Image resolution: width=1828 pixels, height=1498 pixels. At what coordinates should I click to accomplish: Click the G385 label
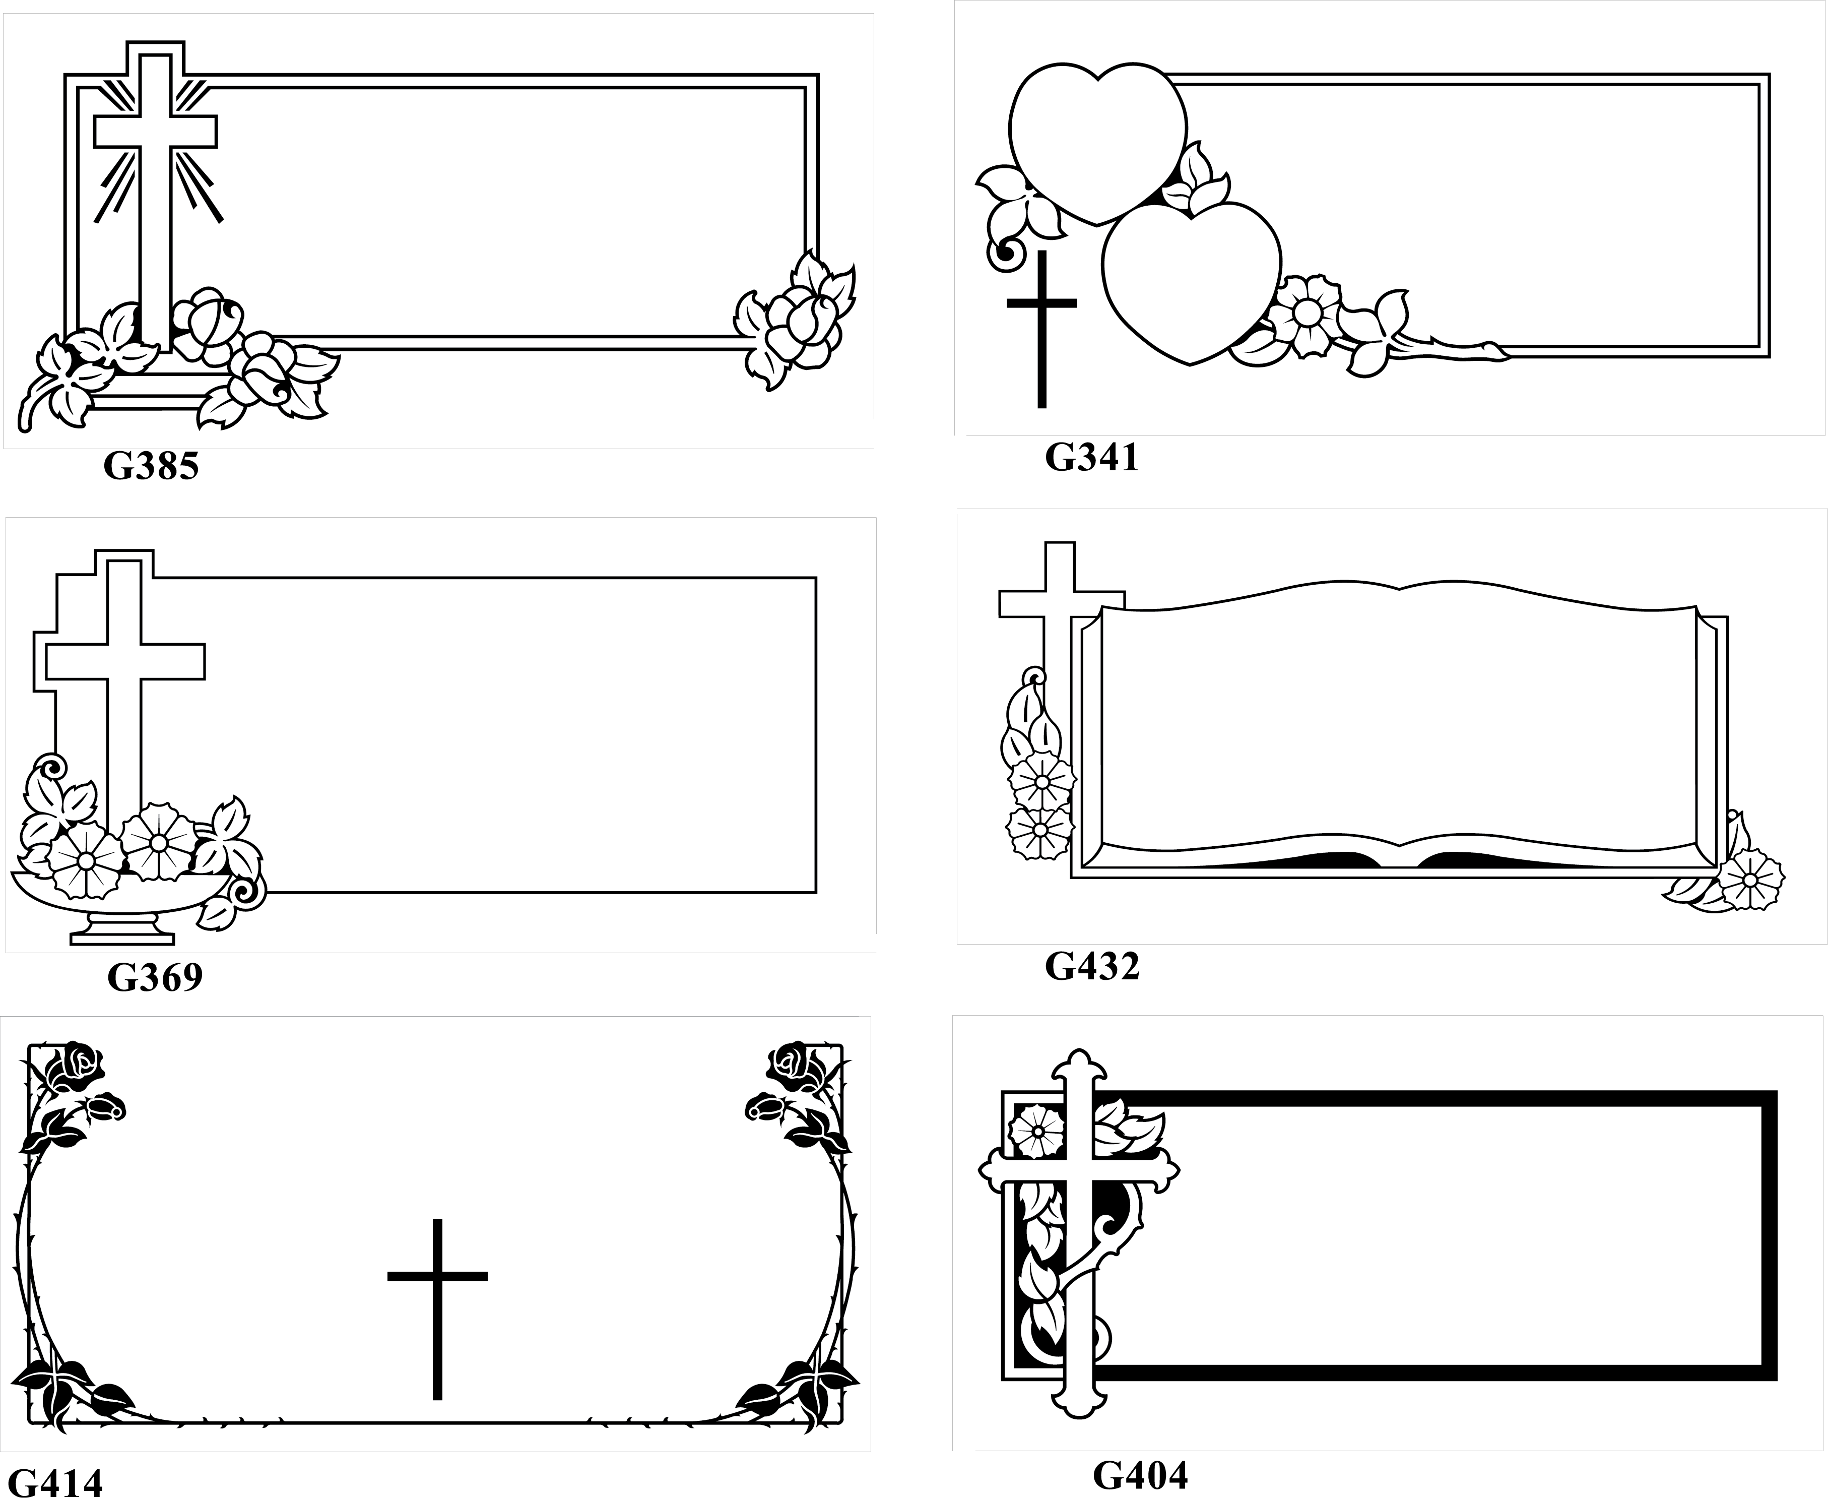click(151, 466)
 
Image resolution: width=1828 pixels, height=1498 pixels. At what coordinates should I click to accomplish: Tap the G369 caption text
click(155, 977)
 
